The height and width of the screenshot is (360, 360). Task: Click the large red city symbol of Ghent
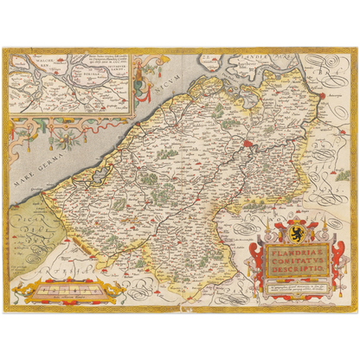[x=250, y=142]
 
